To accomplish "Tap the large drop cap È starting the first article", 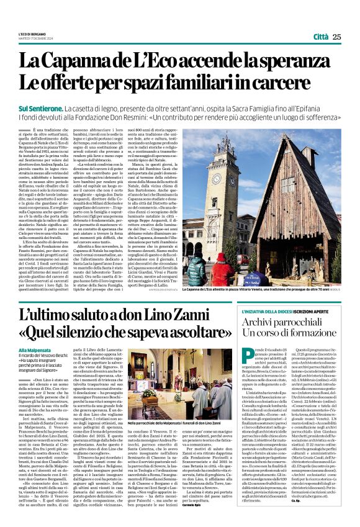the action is [x=23, y=130].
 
